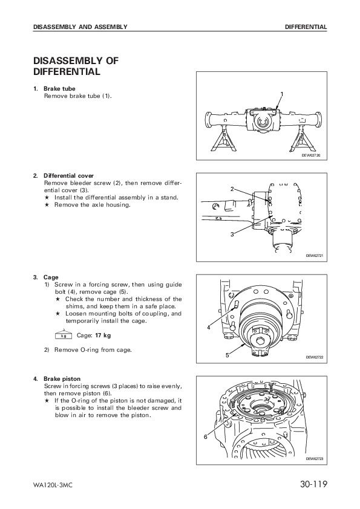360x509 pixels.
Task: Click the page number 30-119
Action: click(x=313, y=484)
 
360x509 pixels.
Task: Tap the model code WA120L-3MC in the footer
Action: click(x=53, y=485)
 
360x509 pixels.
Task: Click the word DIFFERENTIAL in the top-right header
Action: click(x=306, y=27)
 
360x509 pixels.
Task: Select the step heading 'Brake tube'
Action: click(x=59, y=89)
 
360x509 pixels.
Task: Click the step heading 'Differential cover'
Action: click(x=68, y=176)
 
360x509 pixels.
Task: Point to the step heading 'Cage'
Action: click(x=51, y=277)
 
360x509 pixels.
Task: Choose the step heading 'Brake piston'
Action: click(x=62, y=379)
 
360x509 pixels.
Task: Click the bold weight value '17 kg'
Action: click(x=103, y=336)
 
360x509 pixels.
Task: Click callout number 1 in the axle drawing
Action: click(x=282, y=94)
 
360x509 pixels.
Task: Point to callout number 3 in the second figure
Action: click(x=232, y=234)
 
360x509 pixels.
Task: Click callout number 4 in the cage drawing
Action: click(x=209, y=328)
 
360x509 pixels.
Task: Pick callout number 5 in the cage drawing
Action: click(x=227, y=355)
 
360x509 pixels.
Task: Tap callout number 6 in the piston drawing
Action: click(x=205, y=437)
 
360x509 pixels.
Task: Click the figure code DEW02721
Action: click(x=315, y=256)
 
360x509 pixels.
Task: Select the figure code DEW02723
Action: click(x=315, y=459)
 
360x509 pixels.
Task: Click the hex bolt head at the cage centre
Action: click(x=260, y=341)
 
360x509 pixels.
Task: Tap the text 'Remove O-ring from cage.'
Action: click(x=93, y=350)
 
